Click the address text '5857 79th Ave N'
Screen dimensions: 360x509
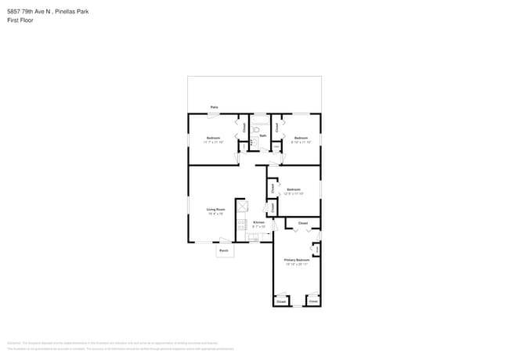click(x=28, y=12)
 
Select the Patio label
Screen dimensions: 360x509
click(x=214, y=107)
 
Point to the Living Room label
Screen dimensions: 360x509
click(x=215, y=209)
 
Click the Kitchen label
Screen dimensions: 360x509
click(x=258, y=222)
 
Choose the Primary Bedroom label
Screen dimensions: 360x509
click(x=296, y=260)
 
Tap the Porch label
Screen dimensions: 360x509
click(x=223, y=250)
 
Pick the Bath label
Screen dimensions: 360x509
click(x=263, y=135)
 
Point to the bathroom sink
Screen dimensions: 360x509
click(x=276, y=146)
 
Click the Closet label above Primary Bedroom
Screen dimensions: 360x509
click(x=302, y=224)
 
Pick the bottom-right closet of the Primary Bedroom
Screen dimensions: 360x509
click(x=313, y=301)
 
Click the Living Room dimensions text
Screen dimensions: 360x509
click(x=215, y=213)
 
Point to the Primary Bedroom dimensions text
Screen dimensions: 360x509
click(x=296, y=265)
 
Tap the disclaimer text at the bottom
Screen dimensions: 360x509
click(x=125, y=344)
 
